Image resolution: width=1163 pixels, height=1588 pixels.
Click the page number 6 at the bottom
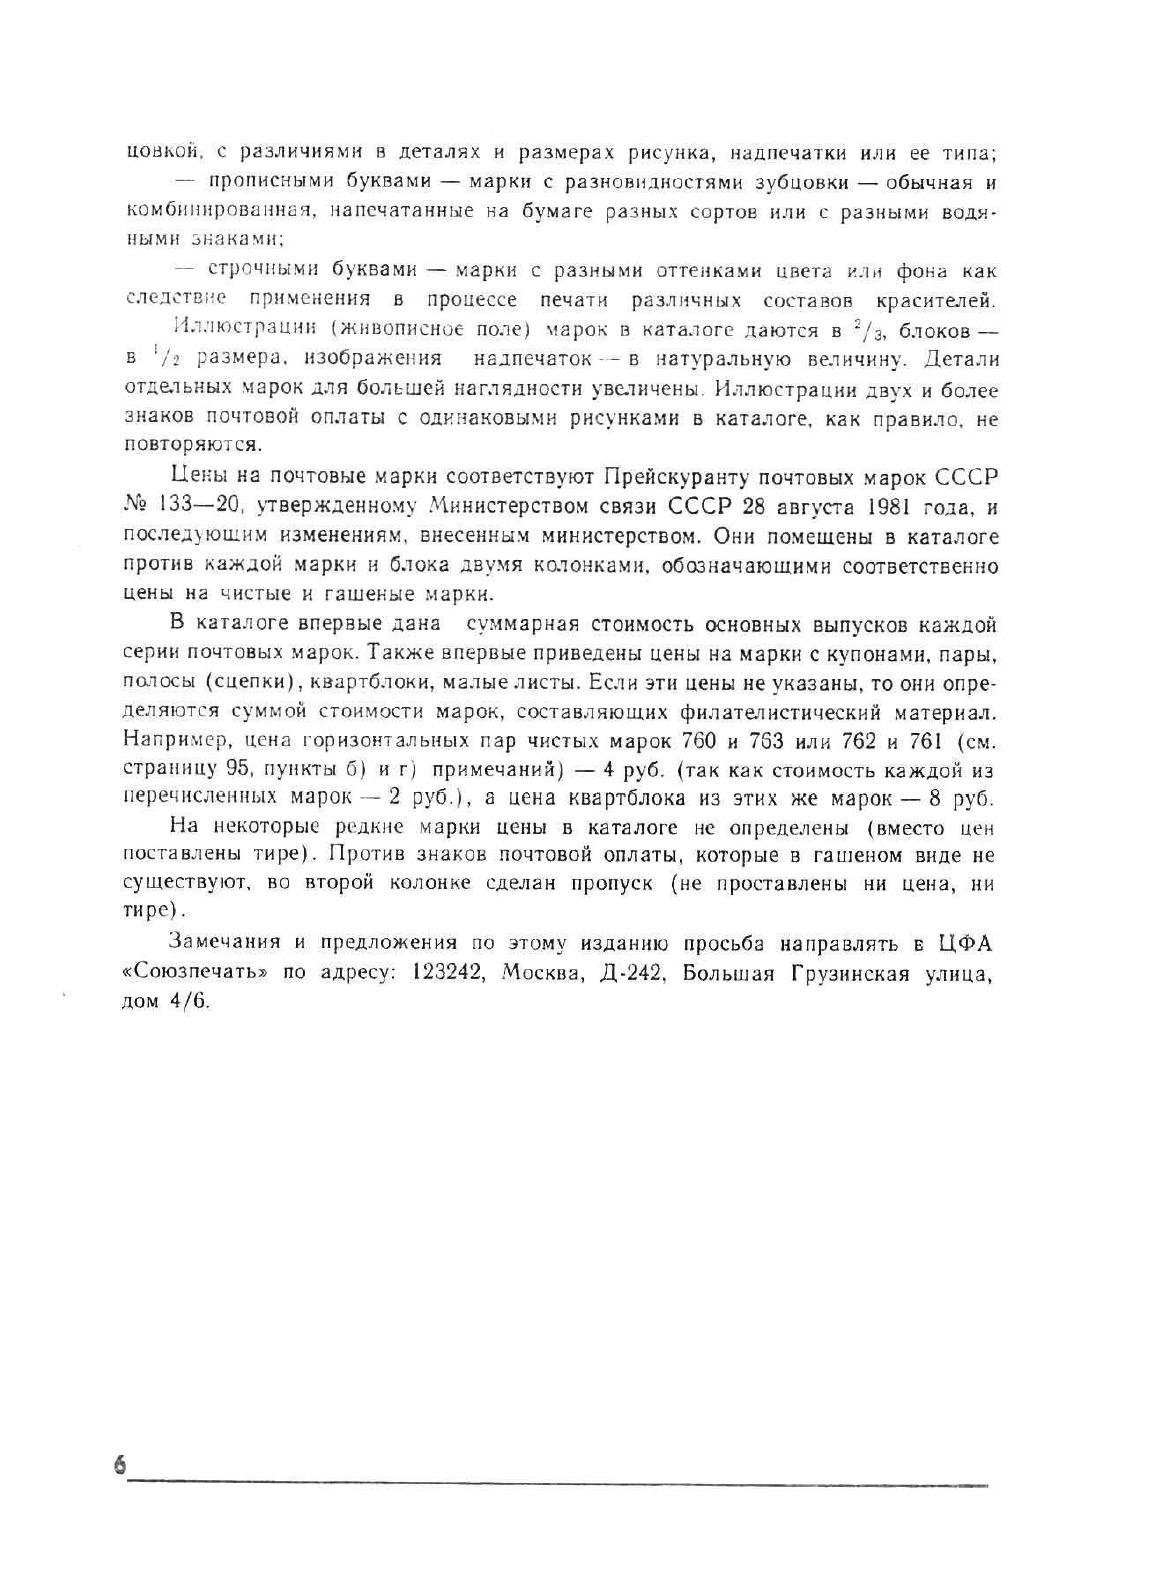coord(121,1466)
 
